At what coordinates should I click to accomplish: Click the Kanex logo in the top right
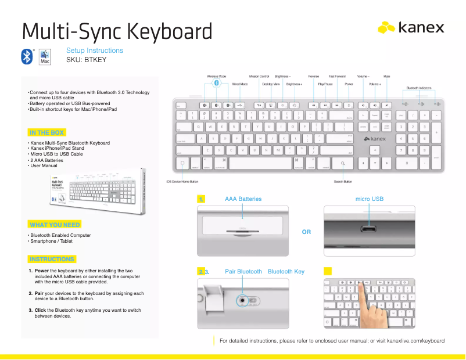coord(411,27)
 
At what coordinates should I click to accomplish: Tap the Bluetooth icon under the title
coord(27,56)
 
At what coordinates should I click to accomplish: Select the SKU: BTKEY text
coord(86,59)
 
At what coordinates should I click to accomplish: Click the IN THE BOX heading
coord(46,132)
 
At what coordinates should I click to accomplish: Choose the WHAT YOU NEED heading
coord(55,224)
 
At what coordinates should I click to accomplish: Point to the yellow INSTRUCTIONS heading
coord(52,259)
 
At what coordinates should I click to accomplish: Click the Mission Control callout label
coord(259,76)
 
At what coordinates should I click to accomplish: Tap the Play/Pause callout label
coord(325,84)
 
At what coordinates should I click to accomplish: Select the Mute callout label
coord(386,76)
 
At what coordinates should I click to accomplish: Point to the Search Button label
coord(343,181)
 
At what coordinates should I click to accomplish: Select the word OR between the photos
coord(307,232)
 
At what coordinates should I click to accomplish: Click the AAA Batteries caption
coord(243,199)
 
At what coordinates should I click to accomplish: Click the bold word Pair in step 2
coord(41,293)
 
